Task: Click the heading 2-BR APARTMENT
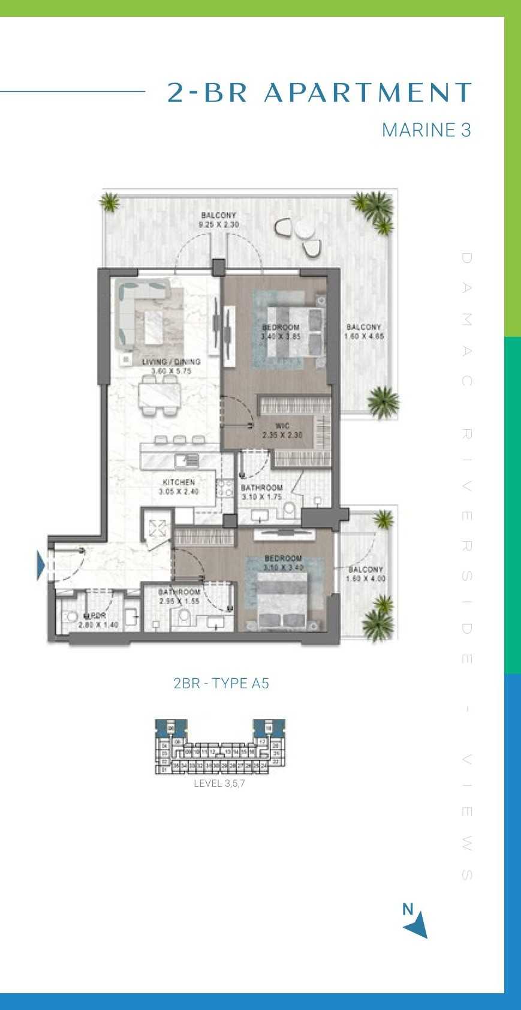[x=320, y=93]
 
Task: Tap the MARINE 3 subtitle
[x=426, y=130]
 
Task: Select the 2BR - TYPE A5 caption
[x=221, y=683]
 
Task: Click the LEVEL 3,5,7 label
[x=219, y=784]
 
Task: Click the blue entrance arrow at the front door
[x=41, y=565]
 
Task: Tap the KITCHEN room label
[x=178, y=482]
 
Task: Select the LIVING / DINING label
[x=171, y=362]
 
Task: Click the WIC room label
[x=282, y=426]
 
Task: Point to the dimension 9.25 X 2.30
[x=218, y=224]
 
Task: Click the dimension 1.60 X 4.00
[x=365, y=579]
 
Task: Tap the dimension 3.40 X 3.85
[x=281, y=337]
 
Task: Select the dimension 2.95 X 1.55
[x=179, y=601]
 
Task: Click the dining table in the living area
[x=159, y=395]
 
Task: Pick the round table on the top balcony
[x=305, y=230]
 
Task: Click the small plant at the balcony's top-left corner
[x=110, y=202]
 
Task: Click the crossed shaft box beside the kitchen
[x=158, y=529]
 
